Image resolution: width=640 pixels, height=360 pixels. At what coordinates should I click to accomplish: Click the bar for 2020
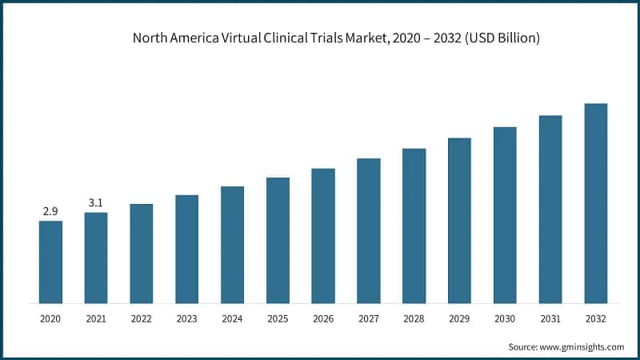click(x=50, y=262)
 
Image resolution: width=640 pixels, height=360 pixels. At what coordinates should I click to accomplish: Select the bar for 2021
click(x=96, y=258)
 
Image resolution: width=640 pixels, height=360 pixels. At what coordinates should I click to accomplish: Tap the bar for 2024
click(x=232, y=245)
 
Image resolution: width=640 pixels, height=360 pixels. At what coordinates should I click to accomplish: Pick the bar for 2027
click(x=369, y=230)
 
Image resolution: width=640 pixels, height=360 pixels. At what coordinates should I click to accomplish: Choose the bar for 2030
click(x=505, y=214)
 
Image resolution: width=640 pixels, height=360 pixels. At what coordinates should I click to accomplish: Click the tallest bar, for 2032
click(x=596, y=203)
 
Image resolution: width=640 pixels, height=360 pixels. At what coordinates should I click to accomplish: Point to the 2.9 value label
click(x=50, y=211)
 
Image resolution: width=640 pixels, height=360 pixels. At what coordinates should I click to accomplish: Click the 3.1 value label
click(x=96, y=203)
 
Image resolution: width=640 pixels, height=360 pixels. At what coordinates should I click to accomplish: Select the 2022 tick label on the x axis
click(x=142, y=318)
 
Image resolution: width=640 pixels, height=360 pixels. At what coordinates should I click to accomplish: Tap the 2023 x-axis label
click(x=186, y=318)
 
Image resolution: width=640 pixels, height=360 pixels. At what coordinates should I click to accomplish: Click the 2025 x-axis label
click(x=278, y=318)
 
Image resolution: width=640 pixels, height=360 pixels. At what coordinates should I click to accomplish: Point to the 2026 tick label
click(x=323, y=318)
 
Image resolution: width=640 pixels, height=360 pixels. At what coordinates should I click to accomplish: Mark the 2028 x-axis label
click(x=414, y=318)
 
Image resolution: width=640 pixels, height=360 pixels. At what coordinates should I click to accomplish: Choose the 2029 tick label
click(x=459, y=318)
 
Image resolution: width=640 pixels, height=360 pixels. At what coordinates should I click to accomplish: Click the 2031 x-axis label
click(x=550, y=318)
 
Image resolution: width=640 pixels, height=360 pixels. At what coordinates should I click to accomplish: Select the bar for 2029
click(x=459, y=220)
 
